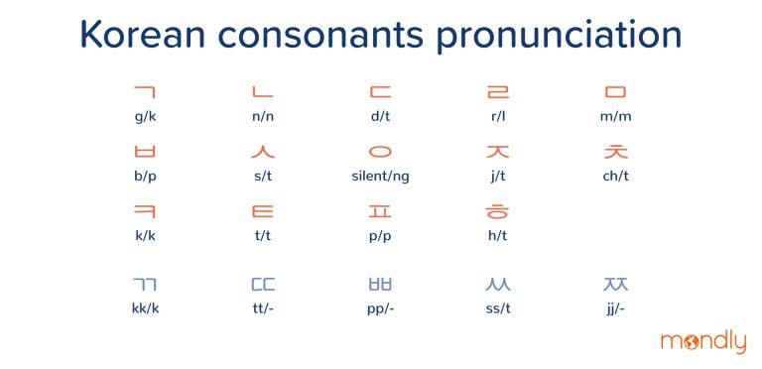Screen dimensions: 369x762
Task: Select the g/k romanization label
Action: (x=145, y=116)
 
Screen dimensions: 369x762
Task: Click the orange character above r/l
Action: (x=496, y=93)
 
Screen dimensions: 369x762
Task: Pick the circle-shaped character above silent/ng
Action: (x=380, y=152)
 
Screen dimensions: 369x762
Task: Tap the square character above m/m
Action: (x=615, y=93)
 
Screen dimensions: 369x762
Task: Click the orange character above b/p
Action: (x=145, y=152)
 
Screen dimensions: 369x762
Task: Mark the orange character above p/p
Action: (x=380, y=211)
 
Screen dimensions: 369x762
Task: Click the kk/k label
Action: (x=145, y=307)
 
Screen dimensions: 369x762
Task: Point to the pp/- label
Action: (x=380, y=307)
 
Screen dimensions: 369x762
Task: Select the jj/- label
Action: (x=615, y=307)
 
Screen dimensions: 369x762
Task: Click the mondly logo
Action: (x=702, y=342)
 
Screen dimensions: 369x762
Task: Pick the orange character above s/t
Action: (x=263, y=152)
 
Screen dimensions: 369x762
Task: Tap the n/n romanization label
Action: (x=263, y=116)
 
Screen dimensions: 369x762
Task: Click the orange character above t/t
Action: (x=263, y=211)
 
